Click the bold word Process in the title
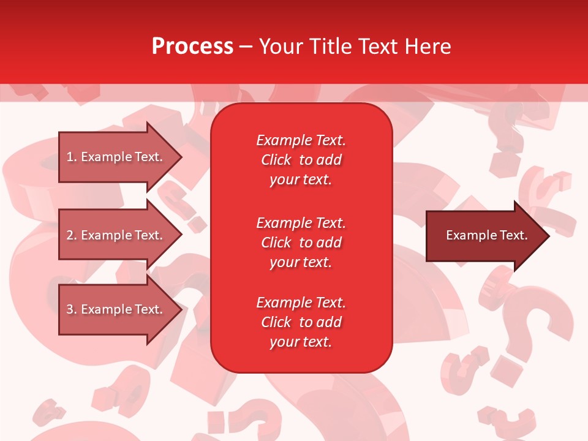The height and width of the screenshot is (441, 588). coord(192,47)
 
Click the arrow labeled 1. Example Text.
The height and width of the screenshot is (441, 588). coord(116,157)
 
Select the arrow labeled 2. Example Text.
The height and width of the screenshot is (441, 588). coord(116,235)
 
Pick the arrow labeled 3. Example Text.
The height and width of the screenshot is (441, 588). coord(116,309)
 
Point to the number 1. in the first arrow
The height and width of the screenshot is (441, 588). coord(72,157)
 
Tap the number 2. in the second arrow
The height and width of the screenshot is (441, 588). coord(72,235)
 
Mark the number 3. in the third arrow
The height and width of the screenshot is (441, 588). coord(72,309)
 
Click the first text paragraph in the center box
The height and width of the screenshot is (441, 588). coord(301,160)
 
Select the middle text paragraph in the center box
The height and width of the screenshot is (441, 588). coord(301,242)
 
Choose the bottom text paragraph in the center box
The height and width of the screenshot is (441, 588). coord(301,322)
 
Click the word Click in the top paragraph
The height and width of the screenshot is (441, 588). coord(276,160)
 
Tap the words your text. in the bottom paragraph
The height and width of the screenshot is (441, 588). coord(301,342)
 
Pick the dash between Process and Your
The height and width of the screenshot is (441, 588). coord(246,47)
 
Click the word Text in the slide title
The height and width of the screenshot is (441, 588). coord(378,47)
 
